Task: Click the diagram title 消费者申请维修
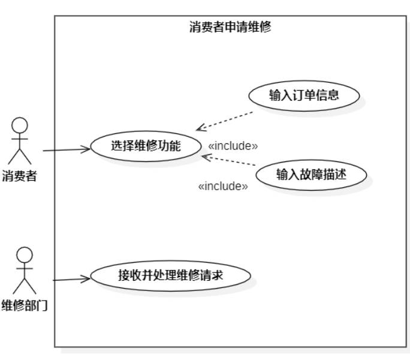(230, 27)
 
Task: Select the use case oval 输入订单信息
(304, 95)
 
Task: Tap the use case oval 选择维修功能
(146, 145)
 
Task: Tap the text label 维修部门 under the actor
(25, 305)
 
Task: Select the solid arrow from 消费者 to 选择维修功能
(66, 150)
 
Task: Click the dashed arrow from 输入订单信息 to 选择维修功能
(225, 120)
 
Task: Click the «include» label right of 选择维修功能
(233, 146)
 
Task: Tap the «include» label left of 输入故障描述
(222, 187)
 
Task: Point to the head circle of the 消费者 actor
(20, 126)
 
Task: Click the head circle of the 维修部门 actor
(23, 254)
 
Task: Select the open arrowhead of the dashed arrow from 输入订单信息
(200, 128)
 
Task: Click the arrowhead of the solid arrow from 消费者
(88, 149)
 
